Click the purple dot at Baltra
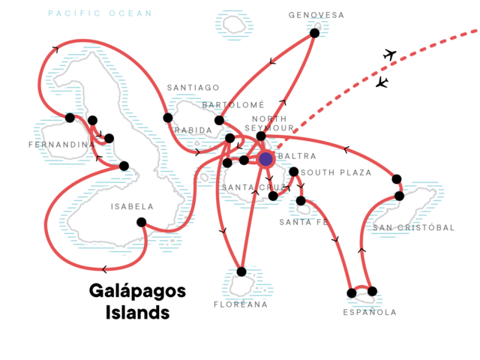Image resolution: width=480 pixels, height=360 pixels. (265, 159)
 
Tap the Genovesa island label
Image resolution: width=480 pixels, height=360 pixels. (316, 15)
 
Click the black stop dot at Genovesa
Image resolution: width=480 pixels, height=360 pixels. (314, 33)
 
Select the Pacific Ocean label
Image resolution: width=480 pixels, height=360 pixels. (100, 13)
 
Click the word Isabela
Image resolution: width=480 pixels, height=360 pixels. (132, 207)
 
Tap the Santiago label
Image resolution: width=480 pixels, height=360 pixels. (193, 88)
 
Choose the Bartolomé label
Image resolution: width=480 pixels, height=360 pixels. (233, 105)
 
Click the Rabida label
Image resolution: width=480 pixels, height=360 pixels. (193, 130)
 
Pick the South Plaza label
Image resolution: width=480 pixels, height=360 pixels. (337, 172)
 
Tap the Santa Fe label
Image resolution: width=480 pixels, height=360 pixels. (304, 222)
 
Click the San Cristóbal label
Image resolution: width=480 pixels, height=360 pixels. (413, 227)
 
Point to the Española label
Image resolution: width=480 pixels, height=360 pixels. (370, 312)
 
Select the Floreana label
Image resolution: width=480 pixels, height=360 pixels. (241, 304)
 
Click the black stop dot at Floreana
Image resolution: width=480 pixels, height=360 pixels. (241, 271)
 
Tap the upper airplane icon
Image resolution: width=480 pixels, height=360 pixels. (390, 55)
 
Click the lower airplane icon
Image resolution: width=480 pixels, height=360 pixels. (382, 82)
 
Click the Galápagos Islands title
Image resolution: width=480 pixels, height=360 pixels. (137, 301)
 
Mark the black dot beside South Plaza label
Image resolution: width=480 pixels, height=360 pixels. (293, 172)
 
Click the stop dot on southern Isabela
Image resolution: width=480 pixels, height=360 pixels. (141, 222)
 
